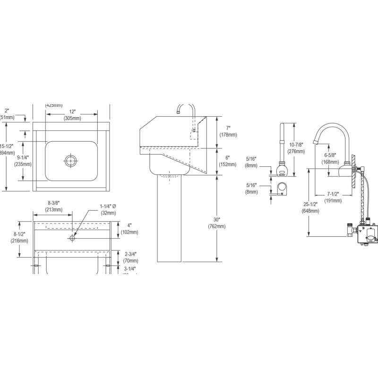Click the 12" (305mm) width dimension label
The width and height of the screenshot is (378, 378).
[x=71, y=116]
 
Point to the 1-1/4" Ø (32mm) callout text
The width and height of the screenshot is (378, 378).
[x=111, y=209]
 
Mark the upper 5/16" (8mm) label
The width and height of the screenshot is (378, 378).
[x=252, y=162]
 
